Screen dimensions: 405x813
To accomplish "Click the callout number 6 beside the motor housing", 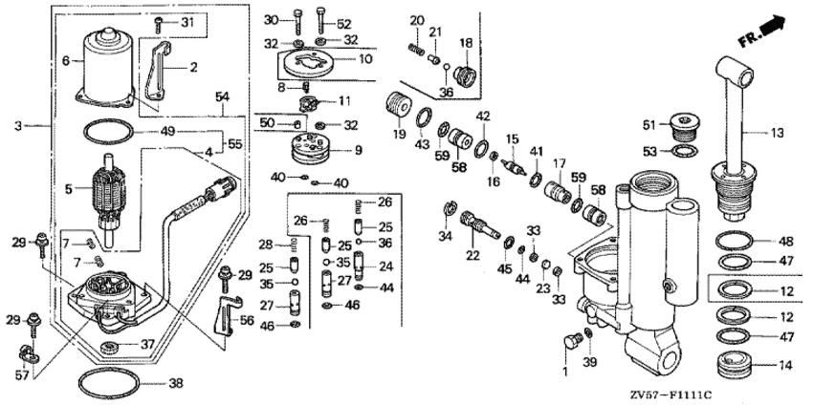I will (66, 59).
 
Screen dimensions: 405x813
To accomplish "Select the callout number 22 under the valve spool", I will (473, 255).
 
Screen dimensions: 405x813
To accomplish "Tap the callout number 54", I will (222, 97).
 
